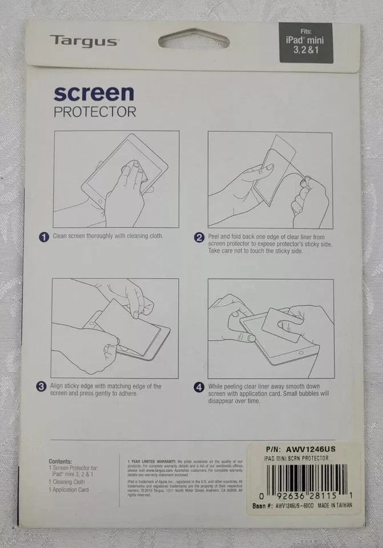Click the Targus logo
(83, 41)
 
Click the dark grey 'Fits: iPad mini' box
(305, 43)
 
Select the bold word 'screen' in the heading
(94, 93)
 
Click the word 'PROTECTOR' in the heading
(95, 111)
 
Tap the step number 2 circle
(199, 237)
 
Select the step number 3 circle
(42, 387)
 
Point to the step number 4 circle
(199, 387)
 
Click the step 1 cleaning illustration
(116, 179)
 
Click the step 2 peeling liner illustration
(269, 179)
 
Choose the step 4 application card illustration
(269, 327)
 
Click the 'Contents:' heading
(60, 461)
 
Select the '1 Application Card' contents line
(68, 490)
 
